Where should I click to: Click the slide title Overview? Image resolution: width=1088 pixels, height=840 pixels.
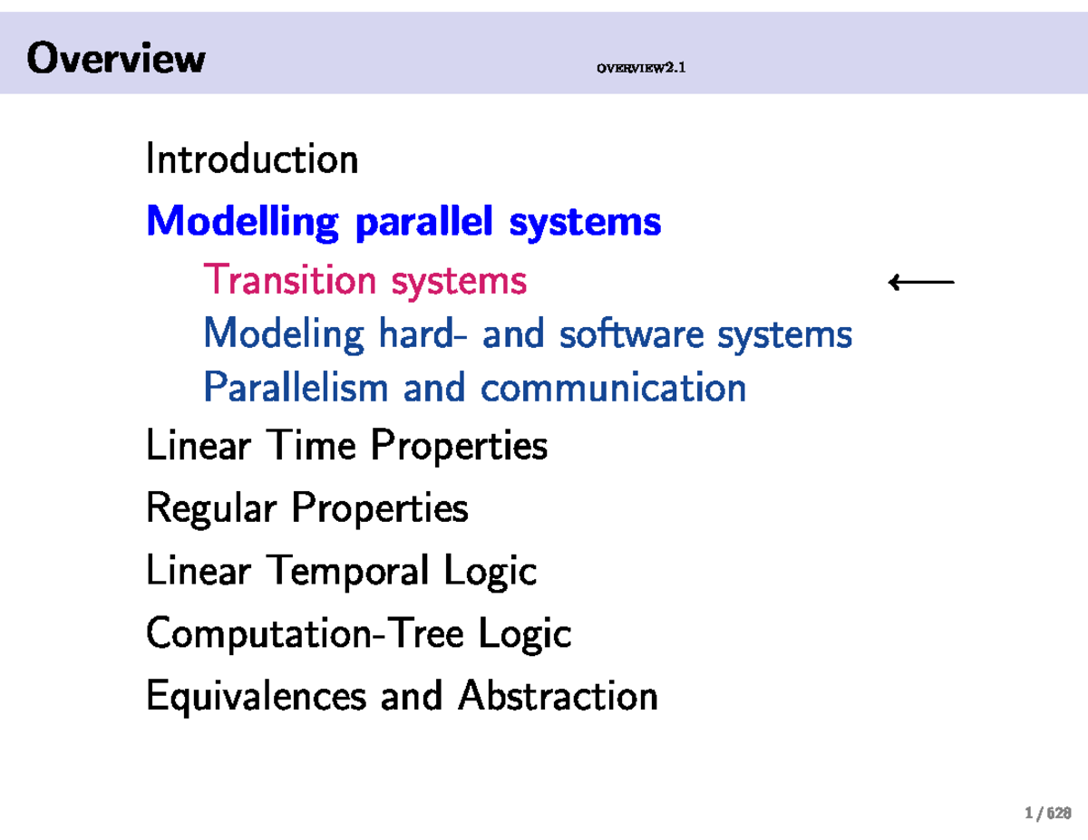point(116,59)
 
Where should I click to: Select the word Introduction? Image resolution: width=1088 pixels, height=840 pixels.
point(252,160)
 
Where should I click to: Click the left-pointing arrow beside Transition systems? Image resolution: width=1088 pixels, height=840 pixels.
point(921,283)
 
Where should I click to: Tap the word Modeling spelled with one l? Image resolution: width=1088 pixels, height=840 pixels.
point(284,334)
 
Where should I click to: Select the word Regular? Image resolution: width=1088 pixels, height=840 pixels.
point(210,508)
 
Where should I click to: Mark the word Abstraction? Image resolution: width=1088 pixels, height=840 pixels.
point(558,696)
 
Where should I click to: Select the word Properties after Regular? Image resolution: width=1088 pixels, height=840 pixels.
point(380,508)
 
